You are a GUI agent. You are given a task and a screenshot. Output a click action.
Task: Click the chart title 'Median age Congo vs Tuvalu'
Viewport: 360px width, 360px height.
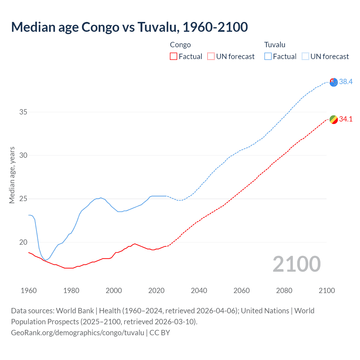129,27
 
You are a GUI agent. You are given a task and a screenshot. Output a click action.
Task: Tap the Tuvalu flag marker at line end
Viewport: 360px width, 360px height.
334,82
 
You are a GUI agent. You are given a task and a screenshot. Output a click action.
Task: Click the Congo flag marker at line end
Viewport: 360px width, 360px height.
334,120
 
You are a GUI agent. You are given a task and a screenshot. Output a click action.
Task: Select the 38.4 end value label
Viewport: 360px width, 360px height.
346,82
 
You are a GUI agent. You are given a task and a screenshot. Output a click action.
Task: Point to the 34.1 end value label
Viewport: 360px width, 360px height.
346,119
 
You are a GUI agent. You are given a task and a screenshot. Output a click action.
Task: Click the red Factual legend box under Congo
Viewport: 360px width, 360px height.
174,57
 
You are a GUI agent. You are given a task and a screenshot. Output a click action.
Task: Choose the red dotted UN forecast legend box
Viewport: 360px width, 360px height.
211,57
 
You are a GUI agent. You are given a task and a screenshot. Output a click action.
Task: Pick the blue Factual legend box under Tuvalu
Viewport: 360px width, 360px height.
268,57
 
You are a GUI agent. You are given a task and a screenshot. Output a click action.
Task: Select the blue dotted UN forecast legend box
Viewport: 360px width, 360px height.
305,57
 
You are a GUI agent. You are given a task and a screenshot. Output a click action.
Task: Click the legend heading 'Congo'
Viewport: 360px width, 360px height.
180,45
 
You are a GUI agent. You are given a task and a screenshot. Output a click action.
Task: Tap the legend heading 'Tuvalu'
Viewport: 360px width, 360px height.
275,45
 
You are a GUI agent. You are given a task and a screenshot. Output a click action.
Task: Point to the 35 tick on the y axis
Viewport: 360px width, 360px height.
23,112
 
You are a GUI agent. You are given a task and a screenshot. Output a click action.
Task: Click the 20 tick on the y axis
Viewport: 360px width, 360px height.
23,242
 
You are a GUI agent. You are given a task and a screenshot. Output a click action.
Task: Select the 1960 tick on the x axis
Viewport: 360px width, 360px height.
29,291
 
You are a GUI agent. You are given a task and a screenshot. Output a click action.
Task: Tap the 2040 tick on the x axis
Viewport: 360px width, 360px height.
199,291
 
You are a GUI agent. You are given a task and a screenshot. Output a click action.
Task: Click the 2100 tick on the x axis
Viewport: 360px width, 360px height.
327,291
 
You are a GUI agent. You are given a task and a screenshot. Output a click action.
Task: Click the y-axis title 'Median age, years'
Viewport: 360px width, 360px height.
12,175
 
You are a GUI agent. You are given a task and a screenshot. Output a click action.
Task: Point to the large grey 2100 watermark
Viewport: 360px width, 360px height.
296,264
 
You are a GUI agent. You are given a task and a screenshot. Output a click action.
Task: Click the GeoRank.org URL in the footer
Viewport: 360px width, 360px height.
78,333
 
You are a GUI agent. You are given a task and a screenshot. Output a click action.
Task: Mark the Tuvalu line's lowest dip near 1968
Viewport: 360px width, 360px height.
46,260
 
